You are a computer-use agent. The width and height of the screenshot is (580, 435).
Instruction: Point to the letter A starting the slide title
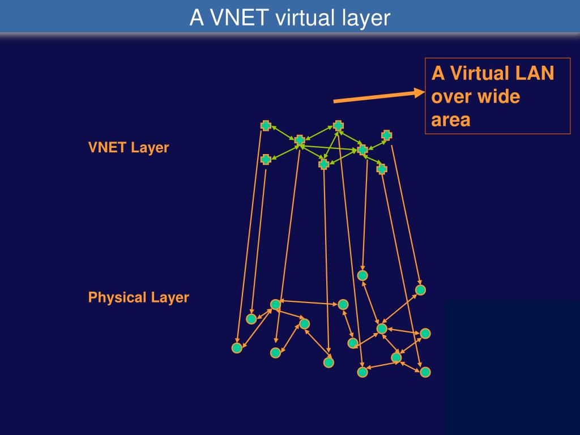click(196, 18)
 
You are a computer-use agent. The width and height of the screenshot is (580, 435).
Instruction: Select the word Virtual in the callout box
click(468, 73)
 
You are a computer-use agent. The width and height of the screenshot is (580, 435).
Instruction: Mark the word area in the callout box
click(451, 120)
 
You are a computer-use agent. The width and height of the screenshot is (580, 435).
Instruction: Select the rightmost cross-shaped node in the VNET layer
click(386, 135)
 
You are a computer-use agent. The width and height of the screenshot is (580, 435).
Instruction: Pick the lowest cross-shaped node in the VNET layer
click(382, 169)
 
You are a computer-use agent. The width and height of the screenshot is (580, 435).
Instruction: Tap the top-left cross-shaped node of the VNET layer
click(266, 126)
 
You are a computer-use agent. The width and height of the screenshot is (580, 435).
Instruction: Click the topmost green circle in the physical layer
click(362, 275)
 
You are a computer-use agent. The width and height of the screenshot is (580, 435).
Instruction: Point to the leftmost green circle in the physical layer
click(237, 348)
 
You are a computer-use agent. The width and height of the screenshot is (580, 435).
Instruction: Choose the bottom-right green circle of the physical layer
click(425, 372)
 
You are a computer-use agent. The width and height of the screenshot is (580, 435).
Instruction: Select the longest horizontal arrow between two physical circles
click(309, 302)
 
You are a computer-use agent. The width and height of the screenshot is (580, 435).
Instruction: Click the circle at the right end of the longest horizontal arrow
click(343, 305)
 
